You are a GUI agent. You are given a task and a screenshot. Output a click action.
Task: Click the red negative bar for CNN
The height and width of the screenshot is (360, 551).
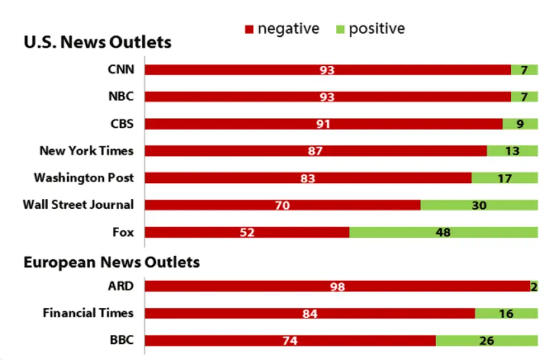point(327,70)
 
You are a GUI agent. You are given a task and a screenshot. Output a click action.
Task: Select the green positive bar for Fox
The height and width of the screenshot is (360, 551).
point(444,232)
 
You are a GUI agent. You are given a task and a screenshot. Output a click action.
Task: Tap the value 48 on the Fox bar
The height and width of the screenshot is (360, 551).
point(443,232)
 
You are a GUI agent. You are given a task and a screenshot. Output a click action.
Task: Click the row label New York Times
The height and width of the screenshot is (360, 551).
point(87,151)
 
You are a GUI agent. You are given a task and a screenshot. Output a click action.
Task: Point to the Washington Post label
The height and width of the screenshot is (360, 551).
point(84,178)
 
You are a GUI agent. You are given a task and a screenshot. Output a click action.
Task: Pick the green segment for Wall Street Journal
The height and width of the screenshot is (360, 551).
point(479,205)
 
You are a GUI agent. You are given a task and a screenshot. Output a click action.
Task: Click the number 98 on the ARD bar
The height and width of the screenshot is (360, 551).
point(338,286)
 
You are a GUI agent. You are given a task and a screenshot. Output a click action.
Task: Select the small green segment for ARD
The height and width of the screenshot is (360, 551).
point(534,286)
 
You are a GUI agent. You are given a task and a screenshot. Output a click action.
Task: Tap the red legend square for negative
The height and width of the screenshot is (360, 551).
point(249,29)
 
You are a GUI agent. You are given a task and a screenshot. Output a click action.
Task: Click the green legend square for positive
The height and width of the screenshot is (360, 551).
point(340,29)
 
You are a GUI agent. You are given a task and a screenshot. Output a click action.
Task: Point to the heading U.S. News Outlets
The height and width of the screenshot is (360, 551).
point(98,42)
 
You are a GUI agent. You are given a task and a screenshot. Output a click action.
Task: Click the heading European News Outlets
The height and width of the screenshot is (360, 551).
point(112,262)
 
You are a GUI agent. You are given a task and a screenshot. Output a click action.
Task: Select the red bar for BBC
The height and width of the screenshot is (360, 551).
point(290,341)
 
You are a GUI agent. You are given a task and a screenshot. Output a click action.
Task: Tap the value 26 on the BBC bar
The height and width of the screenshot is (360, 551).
point(487,341)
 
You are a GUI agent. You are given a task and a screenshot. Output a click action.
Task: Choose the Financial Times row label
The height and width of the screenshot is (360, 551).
point(88,313)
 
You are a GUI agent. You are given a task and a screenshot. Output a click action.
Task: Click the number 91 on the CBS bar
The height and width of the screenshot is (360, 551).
point(323,124)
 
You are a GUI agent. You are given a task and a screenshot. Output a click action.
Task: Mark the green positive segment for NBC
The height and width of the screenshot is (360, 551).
point(524,96)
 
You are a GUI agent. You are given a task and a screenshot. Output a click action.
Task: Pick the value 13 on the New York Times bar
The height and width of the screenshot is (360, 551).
point(512,151)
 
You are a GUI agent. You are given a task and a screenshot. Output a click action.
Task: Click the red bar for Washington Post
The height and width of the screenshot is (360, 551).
point(308,178)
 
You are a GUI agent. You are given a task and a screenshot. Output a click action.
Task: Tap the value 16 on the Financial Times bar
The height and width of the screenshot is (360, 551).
point(506,313)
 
